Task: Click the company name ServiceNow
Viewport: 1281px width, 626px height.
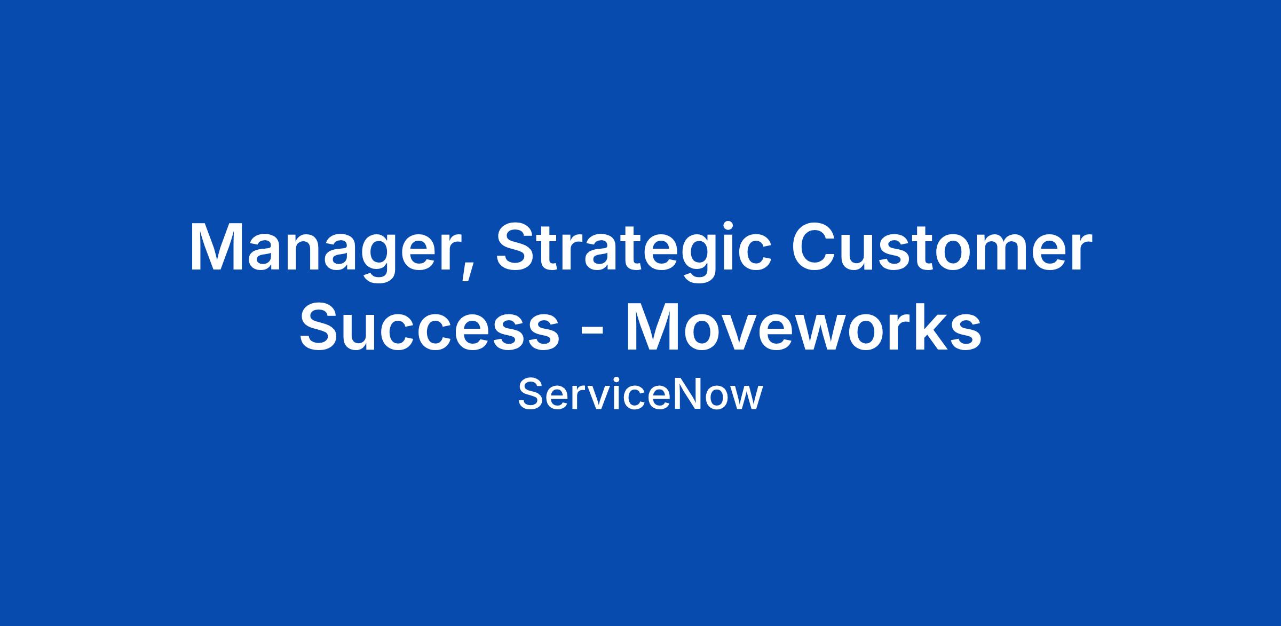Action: point(640,394)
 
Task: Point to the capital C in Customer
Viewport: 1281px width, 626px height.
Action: point(815,245)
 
